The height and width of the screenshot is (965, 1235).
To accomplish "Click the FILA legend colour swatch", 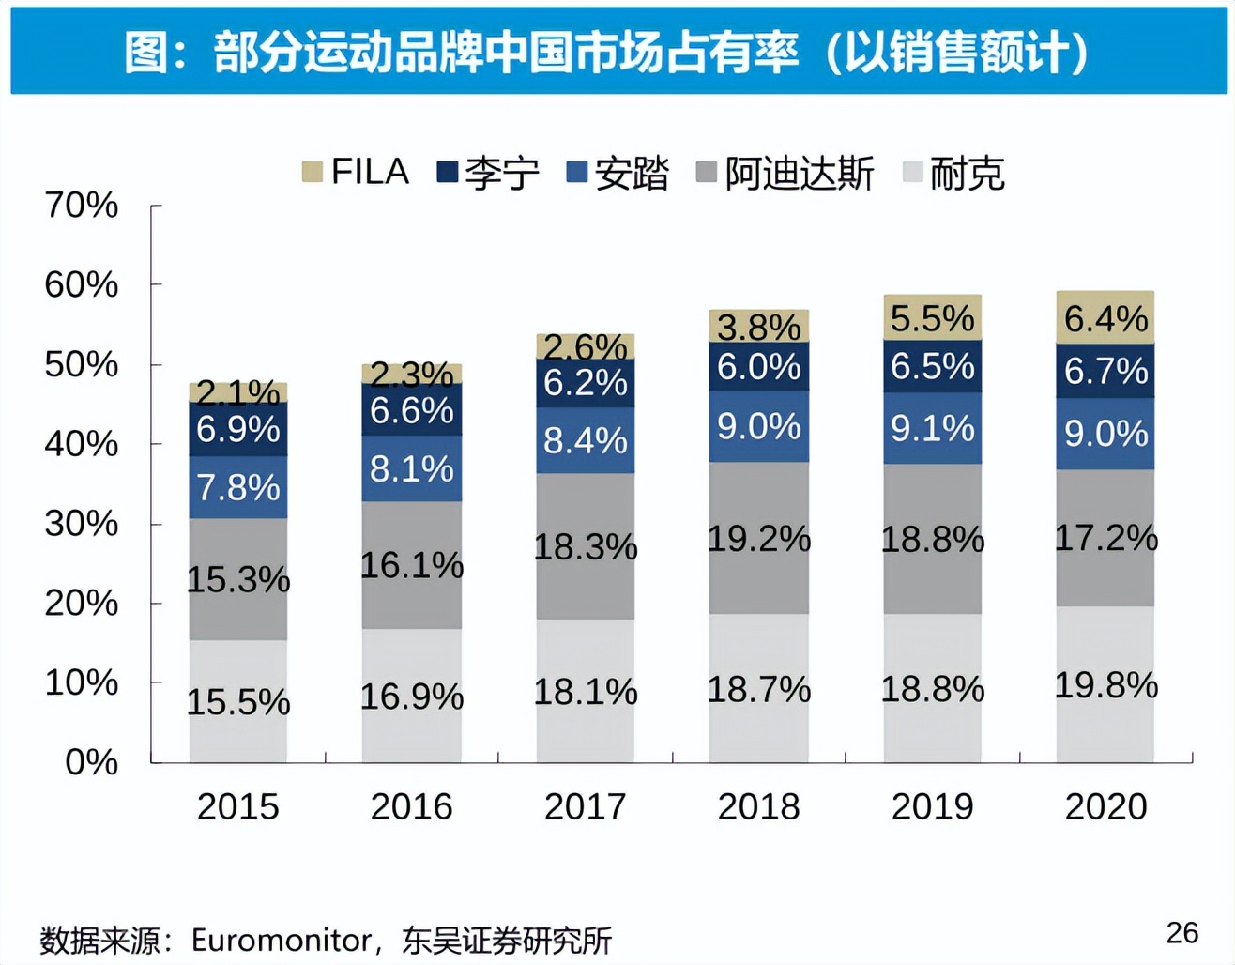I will pyautogui.click(x=312, y=172).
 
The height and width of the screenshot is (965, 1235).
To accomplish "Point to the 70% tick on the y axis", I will pyautogui.click(x=82, y=205).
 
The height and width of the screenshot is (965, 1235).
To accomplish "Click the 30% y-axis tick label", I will pyautogui.click(x=82, y=523).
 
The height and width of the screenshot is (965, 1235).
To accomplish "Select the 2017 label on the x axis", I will pyautogui.click(x=585, y=806).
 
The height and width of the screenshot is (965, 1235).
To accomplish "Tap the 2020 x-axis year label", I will pyautogui.click(x=1105, y=806).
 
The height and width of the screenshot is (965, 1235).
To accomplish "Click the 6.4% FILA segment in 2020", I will pyautogui.click(x=1105, y=318).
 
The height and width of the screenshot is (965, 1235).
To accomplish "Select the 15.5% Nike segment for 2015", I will pyautogui.click(x=238, y=701).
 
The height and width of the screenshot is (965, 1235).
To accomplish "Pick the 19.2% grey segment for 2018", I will pyautogui.click(x=758, y=538).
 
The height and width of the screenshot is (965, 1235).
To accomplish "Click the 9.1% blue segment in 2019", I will pyautogui.click(x=932, y=428).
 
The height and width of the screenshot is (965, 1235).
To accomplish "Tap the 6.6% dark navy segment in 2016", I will pyautogui.click(x=411, y=410).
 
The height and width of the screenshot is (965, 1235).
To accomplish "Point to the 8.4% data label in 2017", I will pyautogui.click(x=585, y=440).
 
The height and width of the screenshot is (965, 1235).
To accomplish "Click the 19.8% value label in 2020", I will pyautogui.click(x=1105, y=685).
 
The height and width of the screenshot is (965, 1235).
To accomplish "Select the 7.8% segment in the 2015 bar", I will pyautogui.click(x=238, y=487).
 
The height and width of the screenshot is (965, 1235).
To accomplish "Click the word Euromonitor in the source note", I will pyautogui.click(x=282, y=940).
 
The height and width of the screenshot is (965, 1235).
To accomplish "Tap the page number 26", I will pyautogui.click(x=1182, y=932).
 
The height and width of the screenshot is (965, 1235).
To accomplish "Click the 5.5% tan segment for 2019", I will pyautogui.click(x=932, y=318).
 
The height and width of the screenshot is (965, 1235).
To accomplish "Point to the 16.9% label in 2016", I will pyautogui.click(x=411, y=697).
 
